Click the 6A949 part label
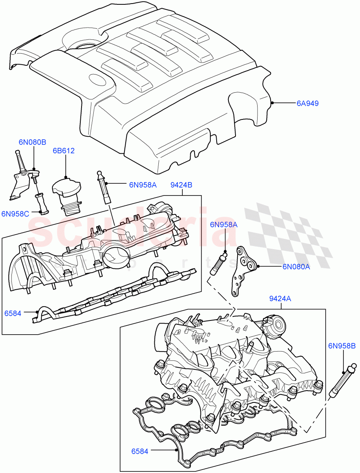click(307, 104)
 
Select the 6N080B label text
click(32, 142)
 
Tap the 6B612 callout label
click(64, 151)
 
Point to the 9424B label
click(181, 184)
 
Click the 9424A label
click(280, 299)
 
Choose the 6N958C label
click(15, 214)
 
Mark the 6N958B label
click(342, 346)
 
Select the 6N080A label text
click(296, 266)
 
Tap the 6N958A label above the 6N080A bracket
click(224, 225)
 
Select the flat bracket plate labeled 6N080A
click(243, 272)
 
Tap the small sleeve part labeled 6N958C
click(42, 203)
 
